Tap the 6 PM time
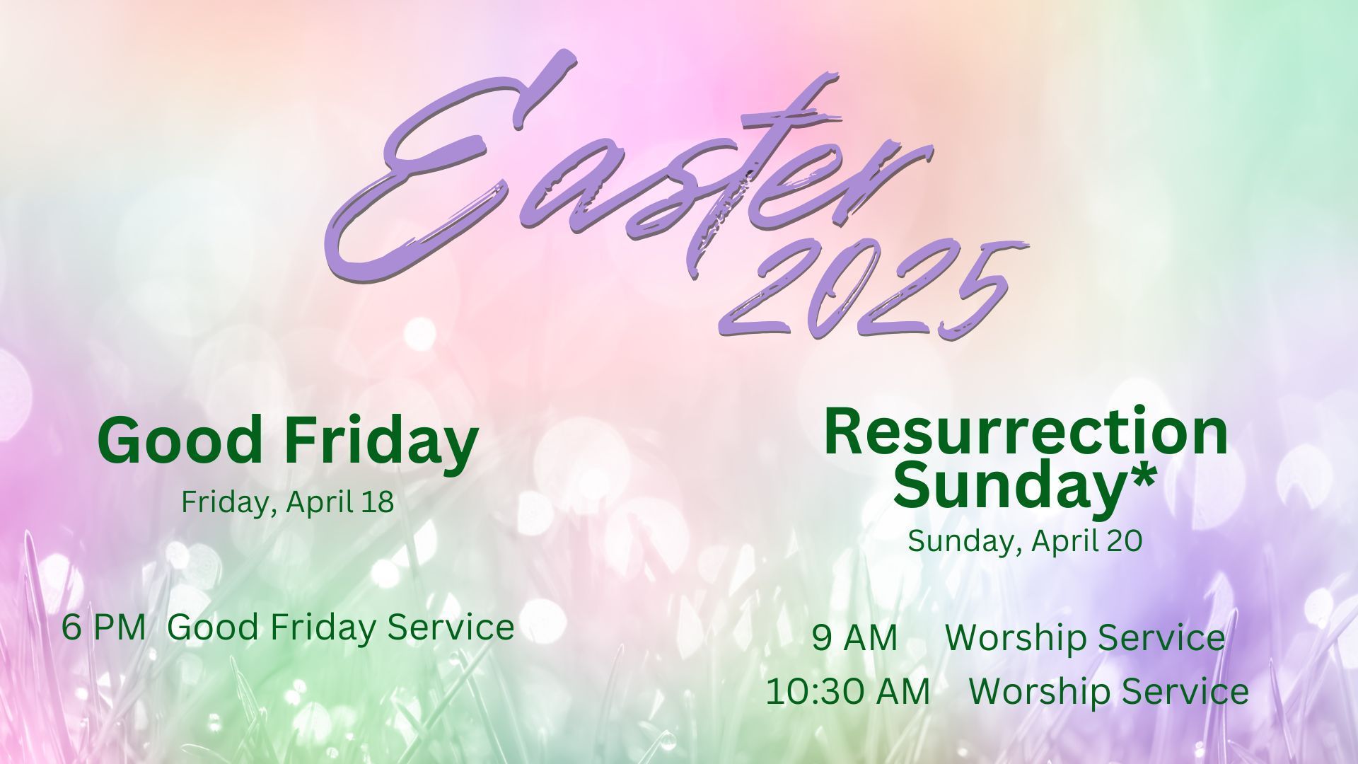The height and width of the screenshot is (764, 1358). (x=104, y=627)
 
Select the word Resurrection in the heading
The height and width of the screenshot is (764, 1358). (x=1026, y=432)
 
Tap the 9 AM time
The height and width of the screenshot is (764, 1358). (x=854, y=637)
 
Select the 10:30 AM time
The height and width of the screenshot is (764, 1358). (x=848, y=692)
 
